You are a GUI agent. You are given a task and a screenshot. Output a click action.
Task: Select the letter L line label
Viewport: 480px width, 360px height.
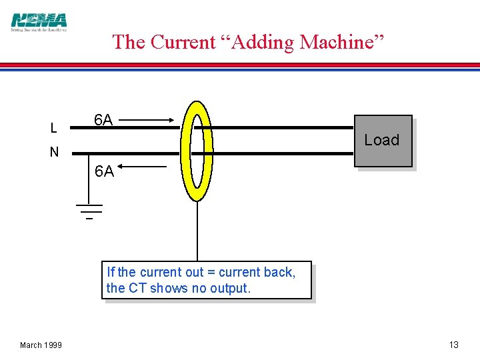[53, 127]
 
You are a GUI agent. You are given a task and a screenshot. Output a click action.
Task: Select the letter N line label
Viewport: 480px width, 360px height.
[54, 152]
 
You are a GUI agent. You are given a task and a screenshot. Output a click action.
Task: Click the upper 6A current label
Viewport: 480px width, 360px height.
[103, 120]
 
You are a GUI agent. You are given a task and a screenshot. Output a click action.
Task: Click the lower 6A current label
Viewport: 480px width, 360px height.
[104, 171]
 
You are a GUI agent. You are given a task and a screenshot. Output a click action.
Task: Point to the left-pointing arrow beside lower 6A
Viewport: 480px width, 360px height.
[143, 167]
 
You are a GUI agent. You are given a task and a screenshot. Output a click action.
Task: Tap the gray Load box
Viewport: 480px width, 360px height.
[383, 141]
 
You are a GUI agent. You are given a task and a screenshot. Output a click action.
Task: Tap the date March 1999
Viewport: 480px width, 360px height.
[41, 345]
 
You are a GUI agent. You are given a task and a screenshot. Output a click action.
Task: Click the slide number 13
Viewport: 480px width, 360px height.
[453, 345]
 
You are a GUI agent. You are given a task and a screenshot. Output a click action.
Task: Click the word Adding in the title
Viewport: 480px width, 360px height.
[261, 42]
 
